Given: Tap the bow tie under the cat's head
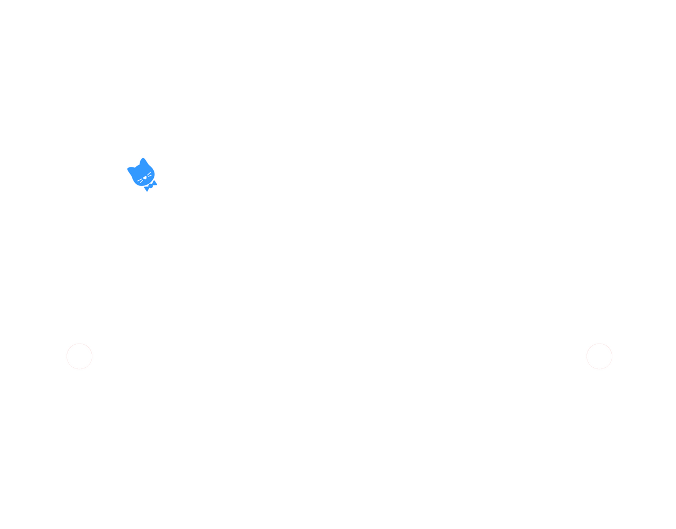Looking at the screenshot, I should click(x=150, y=186).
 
